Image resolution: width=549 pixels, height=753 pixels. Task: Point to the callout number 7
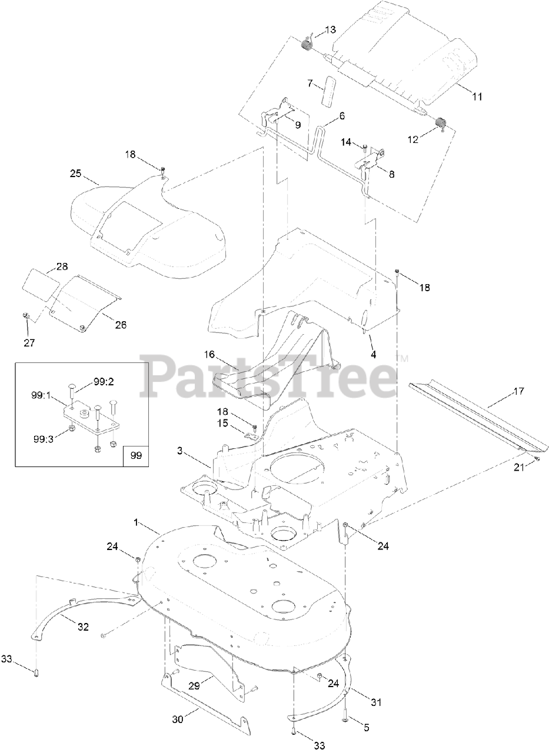tap(310, 83)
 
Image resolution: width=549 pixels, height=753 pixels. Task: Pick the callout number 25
tap(75, 174)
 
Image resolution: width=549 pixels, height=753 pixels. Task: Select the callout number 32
tap(84, 627)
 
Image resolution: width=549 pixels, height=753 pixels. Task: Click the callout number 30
tap(178, 718)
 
